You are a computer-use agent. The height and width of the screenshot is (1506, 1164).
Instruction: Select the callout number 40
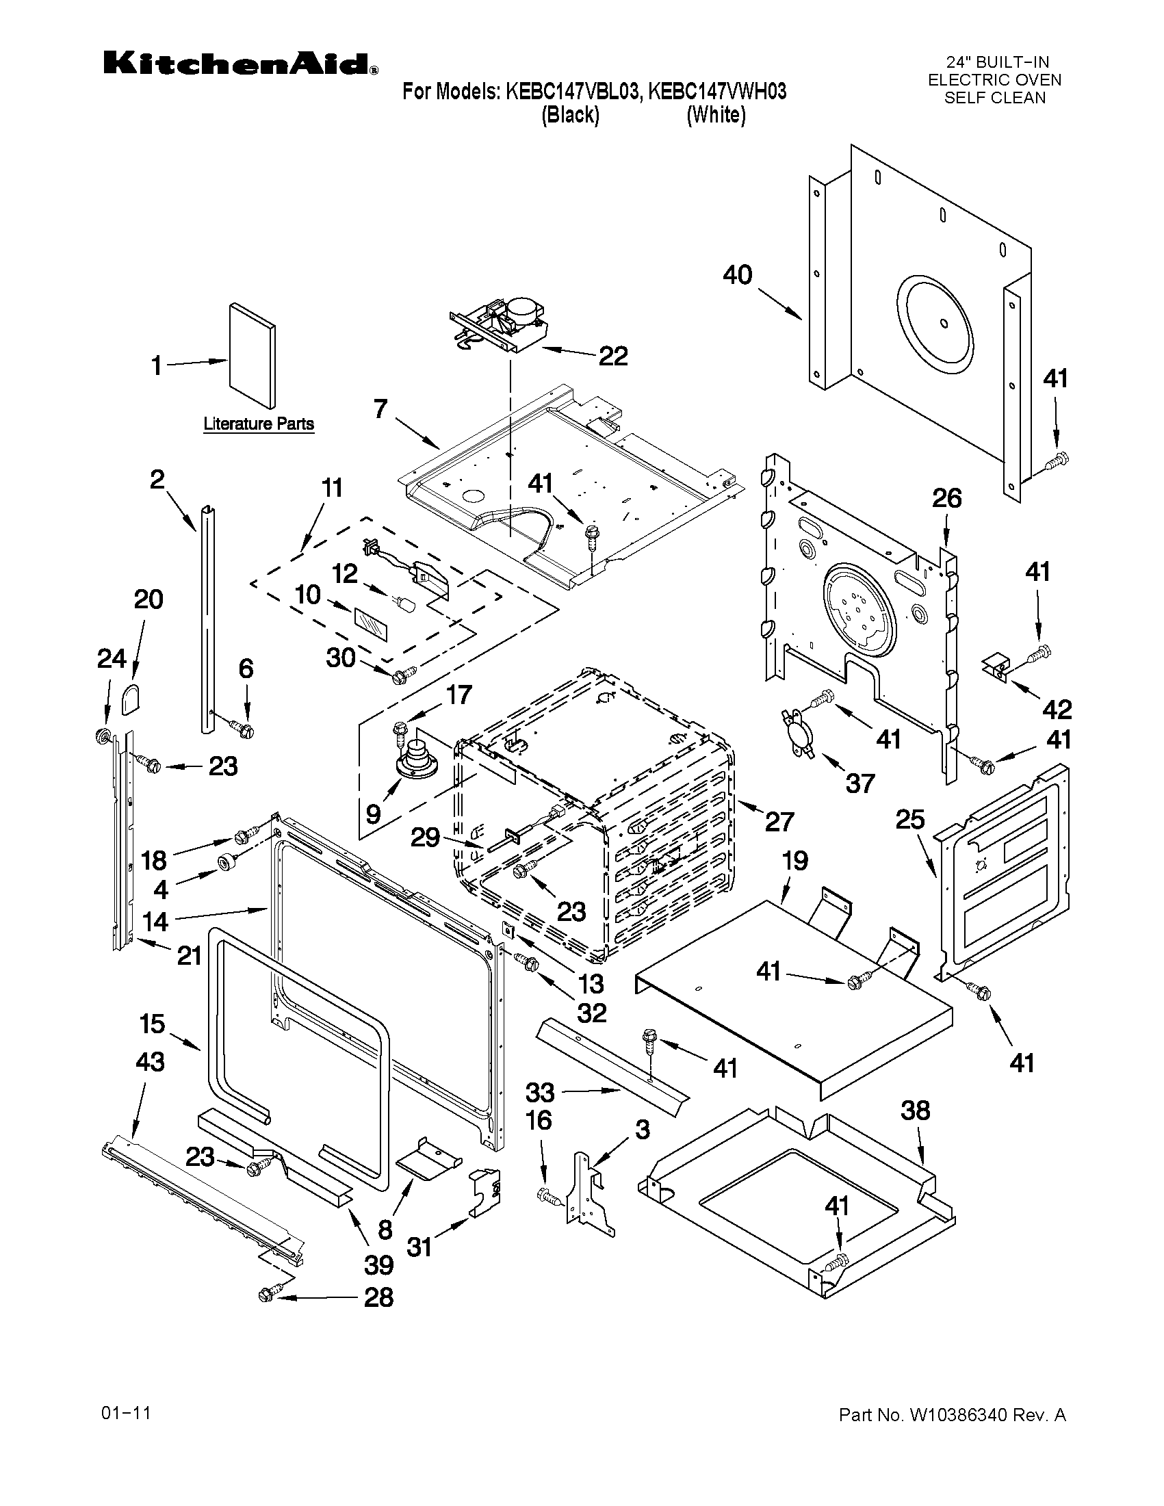pos(737,275)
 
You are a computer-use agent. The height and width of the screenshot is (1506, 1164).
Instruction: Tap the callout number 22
pos(612,356)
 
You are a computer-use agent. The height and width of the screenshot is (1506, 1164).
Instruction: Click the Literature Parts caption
pos(259,424)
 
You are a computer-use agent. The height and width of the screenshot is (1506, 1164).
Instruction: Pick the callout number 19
pos(794,861)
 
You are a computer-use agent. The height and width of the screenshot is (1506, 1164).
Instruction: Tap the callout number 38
pos(914,1111)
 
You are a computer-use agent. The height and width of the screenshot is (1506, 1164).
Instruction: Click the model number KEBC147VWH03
pos(717,92)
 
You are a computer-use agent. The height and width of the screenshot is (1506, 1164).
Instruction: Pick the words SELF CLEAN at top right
pos(994,98)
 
